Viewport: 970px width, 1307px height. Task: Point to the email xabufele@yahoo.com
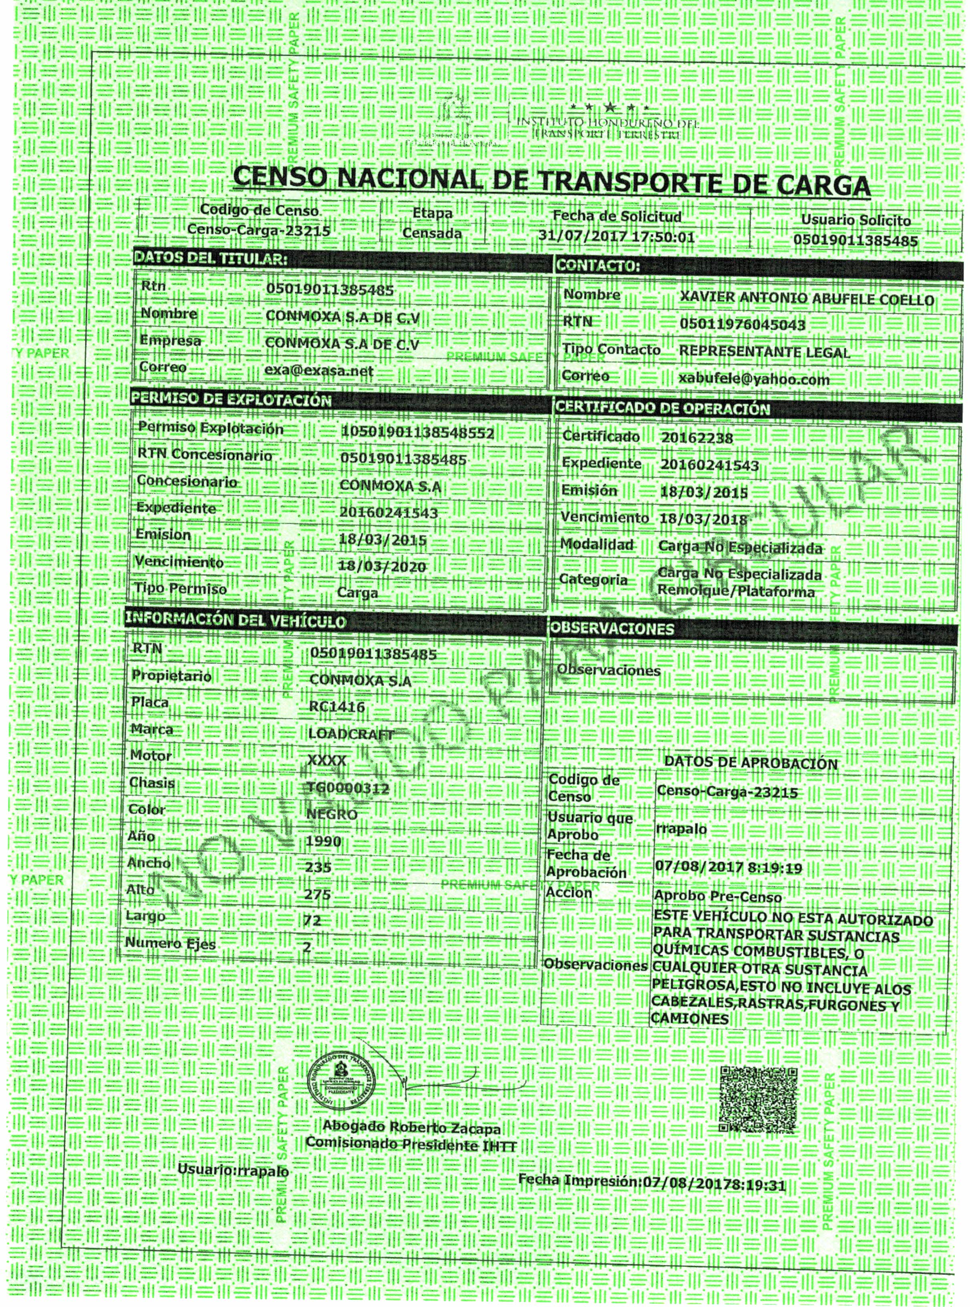(x=754, y=379)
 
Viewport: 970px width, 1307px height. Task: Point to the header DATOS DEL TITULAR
(x=211, y=258)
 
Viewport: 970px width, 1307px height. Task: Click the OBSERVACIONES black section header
(x=612, y=629)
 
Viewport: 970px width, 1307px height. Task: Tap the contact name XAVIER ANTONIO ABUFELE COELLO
(x=807, y=299)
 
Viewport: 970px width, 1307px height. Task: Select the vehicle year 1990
(x=324, y=841)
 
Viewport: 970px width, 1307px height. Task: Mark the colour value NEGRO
(x=332, y=814)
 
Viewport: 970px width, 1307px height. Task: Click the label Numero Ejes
(x=170, y=944)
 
